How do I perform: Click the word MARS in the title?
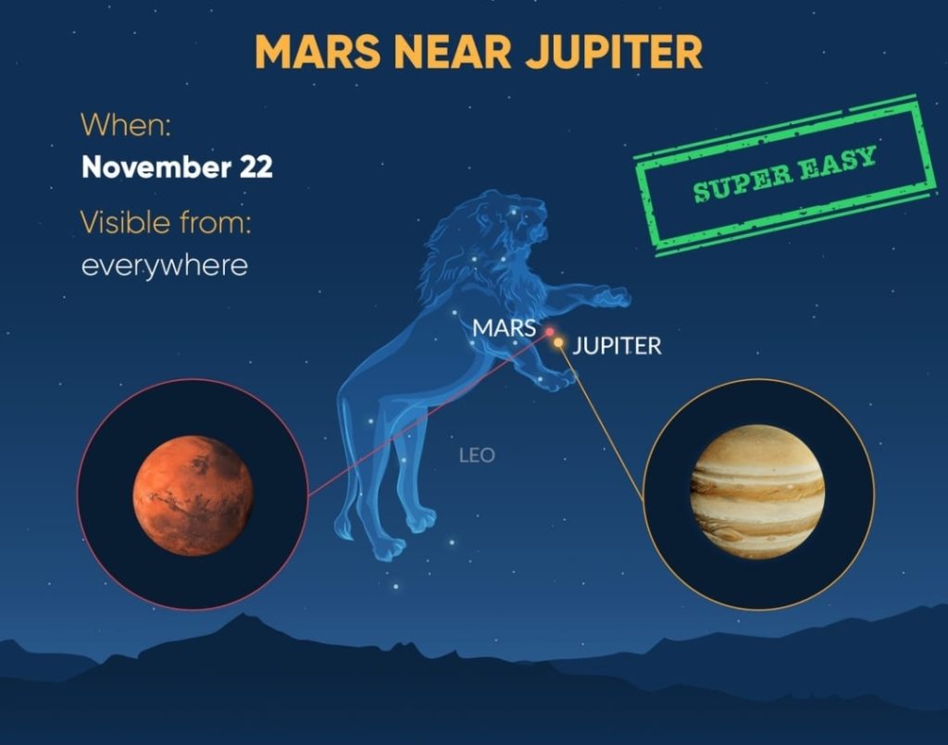318,51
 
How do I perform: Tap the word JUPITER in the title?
615,51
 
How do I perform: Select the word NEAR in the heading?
454,51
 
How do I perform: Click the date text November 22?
177,167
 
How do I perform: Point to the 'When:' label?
126,124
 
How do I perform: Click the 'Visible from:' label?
165,222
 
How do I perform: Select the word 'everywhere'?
165,266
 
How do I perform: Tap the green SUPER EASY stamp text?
785,173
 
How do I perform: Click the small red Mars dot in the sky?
550,331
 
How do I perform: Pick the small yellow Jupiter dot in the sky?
558,342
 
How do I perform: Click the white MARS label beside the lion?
504,329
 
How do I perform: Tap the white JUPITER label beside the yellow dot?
617,346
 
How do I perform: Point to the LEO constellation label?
477,455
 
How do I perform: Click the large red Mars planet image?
193,495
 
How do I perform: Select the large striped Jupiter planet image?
757,491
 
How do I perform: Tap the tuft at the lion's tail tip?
346,527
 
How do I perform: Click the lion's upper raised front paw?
611,297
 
